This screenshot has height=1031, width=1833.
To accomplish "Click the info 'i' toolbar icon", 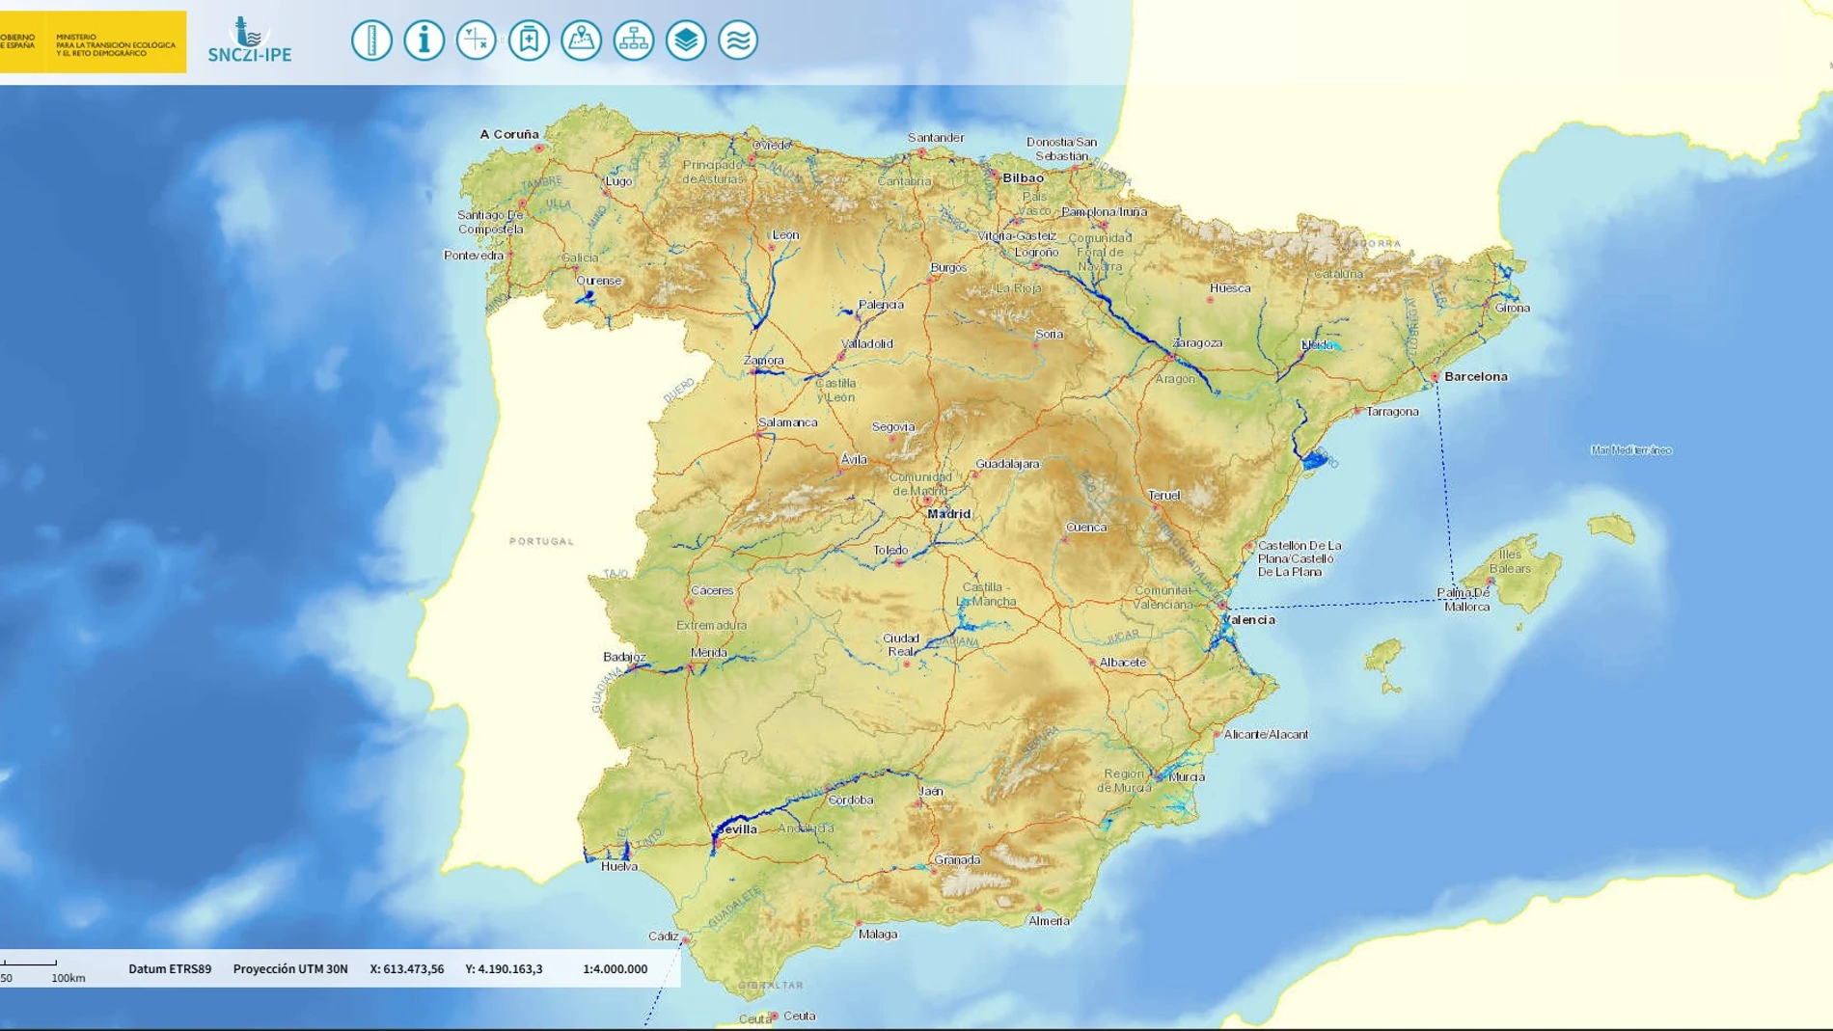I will coord(424,41).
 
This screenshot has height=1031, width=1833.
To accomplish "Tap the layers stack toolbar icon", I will coord(686,41).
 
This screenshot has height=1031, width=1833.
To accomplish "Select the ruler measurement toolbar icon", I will coord(371,41).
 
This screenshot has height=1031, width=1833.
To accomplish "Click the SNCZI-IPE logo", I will coord(249,41).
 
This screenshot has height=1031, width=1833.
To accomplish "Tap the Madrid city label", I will coord(948,514).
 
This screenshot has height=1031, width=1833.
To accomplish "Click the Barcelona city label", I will coord(1475,377).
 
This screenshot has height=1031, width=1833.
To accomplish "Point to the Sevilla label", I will coord(738,829).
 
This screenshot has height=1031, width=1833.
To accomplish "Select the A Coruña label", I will coord(509,134).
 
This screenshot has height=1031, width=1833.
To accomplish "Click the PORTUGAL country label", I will coord(541,541).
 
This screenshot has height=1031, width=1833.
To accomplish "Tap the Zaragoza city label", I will coord(1197,343).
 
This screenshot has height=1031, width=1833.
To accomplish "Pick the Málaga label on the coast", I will coord(878,934).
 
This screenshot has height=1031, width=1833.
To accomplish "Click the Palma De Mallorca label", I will coord(1464,600).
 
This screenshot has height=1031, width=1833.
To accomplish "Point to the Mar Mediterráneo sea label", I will coord(1630,450).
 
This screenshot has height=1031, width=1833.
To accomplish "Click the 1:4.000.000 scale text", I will coord(615,969).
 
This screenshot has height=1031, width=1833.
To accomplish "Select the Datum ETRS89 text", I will coord(170,969).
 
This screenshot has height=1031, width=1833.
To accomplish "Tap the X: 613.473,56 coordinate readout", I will coord(407,969).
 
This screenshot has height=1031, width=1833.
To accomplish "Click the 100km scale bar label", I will coord(68,978).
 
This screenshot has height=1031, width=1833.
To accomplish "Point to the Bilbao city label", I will coord(1023,178).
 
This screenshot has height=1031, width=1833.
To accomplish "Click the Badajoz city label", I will coord(624,658).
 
